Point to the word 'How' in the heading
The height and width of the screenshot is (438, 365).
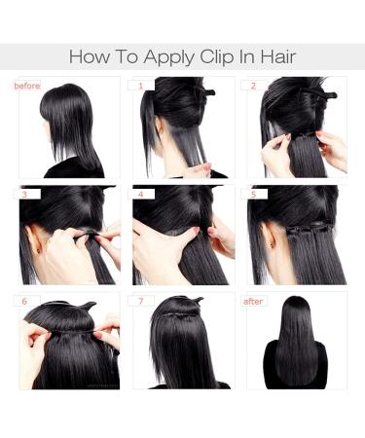pos(89,56)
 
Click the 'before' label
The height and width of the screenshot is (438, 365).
pos(27,86)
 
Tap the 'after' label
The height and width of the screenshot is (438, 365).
pos(254,301)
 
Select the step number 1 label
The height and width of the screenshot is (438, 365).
pos(142,86)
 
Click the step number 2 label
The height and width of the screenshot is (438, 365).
pos(254,86)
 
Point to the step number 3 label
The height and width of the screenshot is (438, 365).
pos(23,194)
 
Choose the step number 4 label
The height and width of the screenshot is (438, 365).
pos(140,194)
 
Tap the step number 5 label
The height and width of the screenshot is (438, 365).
pos(254,194)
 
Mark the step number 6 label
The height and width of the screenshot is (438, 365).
pos(23,301)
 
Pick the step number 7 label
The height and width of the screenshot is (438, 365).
pos(140,301)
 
